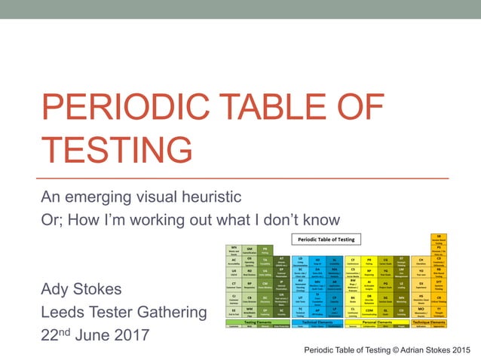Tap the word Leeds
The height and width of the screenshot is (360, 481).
(x=65, y=311)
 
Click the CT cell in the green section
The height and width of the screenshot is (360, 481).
(x=234, y=285)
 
